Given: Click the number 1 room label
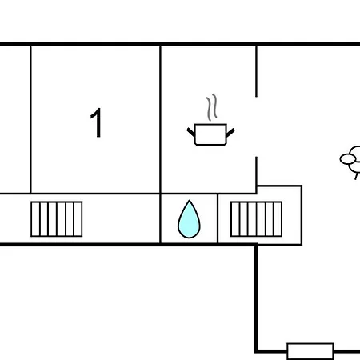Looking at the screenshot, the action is [x=96, y=122].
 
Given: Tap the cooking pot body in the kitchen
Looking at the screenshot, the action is [x=210, y=134].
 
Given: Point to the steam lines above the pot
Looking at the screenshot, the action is [x=211, y=107].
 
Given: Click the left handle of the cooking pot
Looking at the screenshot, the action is [x=191, y=132].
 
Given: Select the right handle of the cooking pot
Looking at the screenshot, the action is [x=230, y=133].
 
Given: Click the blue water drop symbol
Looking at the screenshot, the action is [x=189, y=219].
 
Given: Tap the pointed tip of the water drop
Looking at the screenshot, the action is [x=190, y=200].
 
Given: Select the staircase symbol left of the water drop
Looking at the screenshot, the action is [x=57, y=219].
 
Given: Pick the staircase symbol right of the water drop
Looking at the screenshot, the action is [x=256, y=219].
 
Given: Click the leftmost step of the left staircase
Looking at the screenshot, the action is [x=35, y=219].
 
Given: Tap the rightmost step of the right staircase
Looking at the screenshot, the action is [x=278, y=219].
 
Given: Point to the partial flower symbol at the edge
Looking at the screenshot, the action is [x=350, y=161].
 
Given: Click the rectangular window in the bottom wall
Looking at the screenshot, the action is [x=310, y=351].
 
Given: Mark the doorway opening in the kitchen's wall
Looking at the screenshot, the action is [x=256, y=126].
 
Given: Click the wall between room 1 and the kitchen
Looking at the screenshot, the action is [x=161, y=119].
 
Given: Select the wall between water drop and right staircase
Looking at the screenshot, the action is [x=218, y=218].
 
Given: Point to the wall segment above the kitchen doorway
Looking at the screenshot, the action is [x=256, y=71].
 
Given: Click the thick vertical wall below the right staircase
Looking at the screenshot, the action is [x=256, y=298].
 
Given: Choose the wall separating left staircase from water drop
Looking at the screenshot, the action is [x=161, y=218].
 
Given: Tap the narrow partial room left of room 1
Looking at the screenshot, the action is [x=15, y=119].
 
